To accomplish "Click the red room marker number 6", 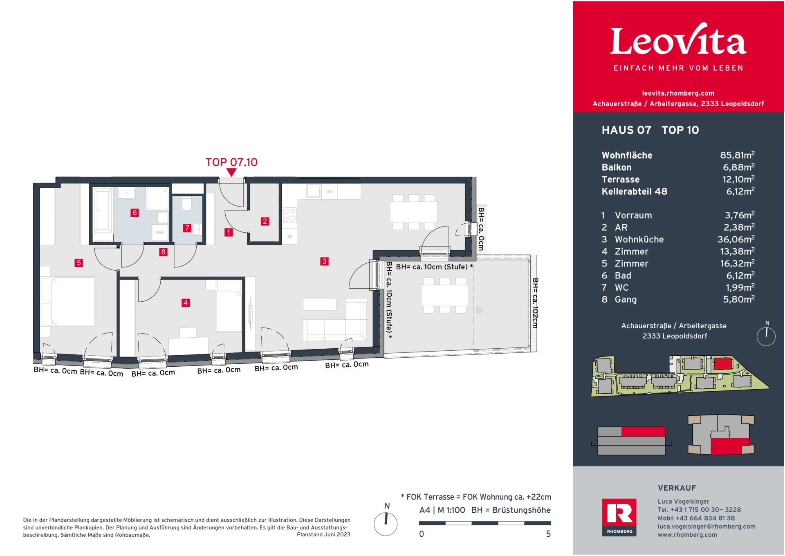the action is pos(135,213).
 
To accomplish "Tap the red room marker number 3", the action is pos(324,261).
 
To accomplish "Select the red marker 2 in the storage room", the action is pos(265,221).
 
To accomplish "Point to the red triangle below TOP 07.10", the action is pos(231,173).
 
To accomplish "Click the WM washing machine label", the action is pos(160,233).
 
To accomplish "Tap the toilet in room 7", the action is pos(187,204).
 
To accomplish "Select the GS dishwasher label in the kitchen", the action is pos(329,191).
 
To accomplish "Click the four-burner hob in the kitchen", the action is pos(290,215).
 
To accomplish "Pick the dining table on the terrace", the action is pos(445,295).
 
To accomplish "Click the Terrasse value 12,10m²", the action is pos(738,179).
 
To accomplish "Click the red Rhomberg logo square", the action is pos(619,517).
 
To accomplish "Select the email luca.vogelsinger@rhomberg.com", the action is pos(706,527).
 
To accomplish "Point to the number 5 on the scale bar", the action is pos(548,534).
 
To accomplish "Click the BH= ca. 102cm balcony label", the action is pos(535,303).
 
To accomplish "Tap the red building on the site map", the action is pos(722,363).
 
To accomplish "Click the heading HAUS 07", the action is pos(626,130).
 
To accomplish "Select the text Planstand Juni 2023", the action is pos(323,534).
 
